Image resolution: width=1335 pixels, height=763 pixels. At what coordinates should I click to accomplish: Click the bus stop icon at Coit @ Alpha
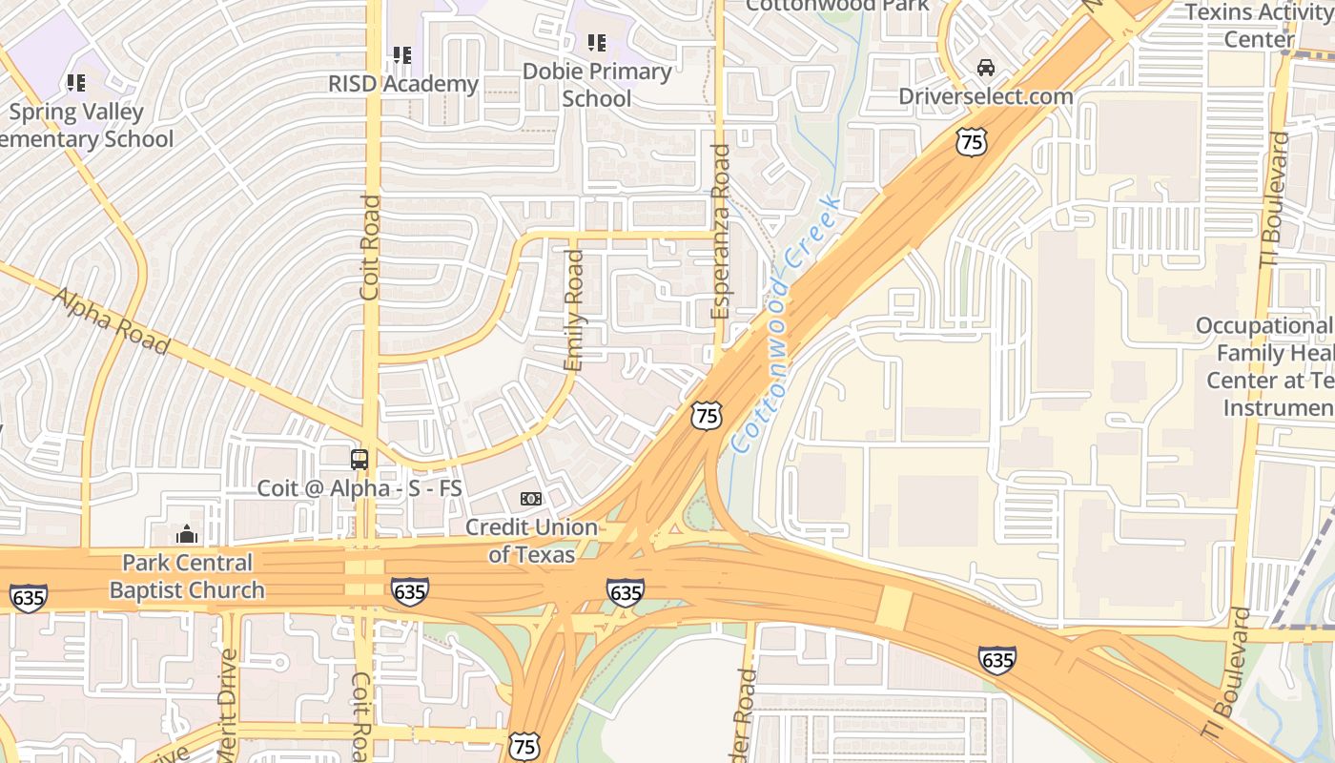pyautogui.click(x=359, y=460)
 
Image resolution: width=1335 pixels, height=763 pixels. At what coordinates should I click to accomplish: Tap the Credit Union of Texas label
pyautogui.click(x=531, y=541)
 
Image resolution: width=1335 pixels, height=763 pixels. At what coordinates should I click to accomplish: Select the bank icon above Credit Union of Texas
pyautogui.click(x=531, y=499)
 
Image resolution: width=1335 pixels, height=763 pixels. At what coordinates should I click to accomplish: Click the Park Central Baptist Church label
pyautogui.click(x=187, y=576)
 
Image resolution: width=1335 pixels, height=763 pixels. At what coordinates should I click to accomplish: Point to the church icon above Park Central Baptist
pyautogui.click(x=187, y=534)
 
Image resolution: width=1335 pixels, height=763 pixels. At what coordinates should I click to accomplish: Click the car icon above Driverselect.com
pyautogui.click(x=986, y=68)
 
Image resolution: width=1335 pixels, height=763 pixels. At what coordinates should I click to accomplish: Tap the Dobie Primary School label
pyautogui.click(x=597, y=85)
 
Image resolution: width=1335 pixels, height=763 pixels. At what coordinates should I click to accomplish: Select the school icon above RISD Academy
pyautogui.click(x=402, y=55)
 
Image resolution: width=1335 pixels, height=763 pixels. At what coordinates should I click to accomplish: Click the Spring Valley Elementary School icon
pyautogui.click(x=76, y=83)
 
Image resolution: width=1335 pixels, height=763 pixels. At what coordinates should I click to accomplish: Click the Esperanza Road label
pyautogui.click(x=720, y=232)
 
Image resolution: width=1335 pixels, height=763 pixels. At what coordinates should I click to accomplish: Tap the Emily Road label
pyautogui.click(x=573, y=311)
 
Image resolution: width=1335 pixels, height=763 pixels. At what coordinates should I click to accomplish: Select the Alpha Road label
pyautogui.click(x=111, y=321)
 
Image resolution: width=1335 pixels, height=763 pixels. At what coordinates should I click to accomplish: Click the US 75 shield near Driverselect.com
pyautogui.click(x=972, y=143)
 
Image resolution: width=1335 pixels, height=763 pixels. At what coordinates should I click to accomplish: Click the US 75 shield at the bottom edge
pyautogui.click(x=524, y=747)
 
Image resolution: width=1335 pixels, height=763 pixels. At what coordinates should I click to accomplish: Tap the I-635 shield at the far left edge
pyautogui.click(x=28, y=598)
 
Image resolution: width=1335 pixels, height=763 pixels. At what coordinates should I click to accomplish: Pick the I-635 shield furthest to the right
pyautogui.click(x=996, y=659)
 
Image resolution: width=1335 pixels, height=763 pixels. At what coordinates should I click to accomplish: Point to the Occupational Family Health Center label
pyautogui.click(x=1265, y=367)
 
